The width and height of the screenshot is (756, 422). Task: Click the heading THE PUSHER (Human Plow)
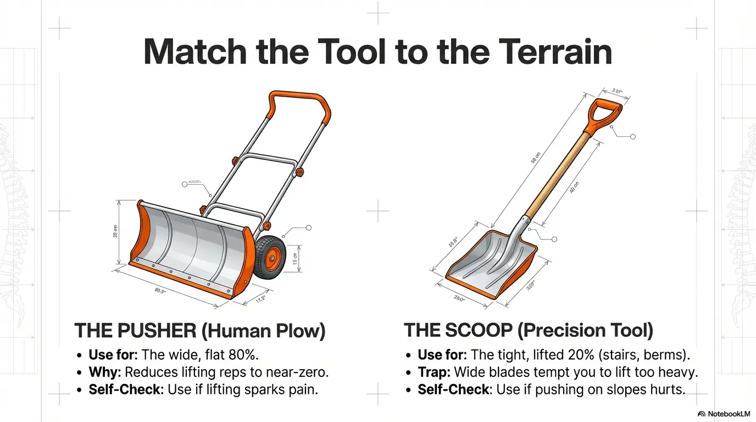click(200, 331)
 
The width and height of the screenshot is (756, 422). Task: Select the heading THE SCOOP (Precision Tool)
click(528, 331)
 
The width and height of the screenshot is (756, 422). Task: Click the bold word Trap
click(433, 372)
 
